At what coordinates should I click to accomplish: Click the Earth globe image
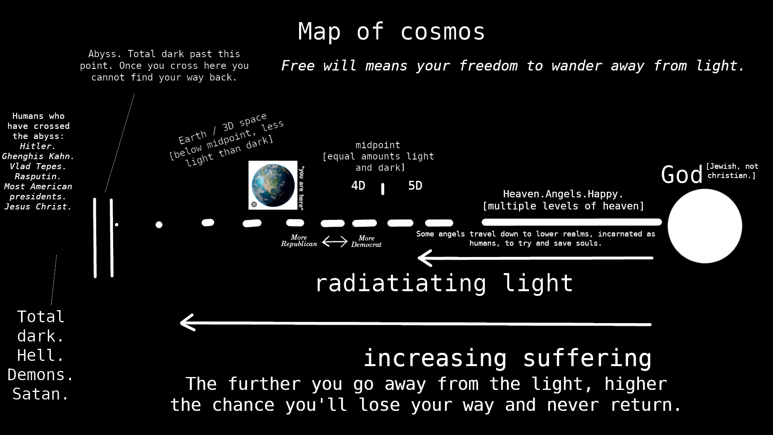pos(273,185)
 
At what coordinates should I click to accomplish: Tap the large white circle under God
pos(705,226)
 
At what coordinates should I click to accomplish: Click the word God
pos(682,175)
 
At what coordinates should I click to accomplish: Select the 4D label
pos(358,186)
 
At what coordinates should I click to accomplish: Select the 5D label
pos(415,186)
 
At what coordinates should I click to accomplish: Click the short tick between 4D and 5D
pos(382,189)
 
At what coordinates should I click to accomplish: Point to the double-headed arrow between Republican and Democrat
pos(335,241)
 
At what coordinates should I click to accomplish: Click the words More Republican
pos(299,240)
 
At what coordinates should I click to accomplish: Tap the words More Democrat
pos(366,241)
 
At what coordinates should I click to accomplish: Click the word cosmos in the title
pos(443,31)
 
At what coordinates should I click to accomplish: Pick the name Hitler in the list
pos(38,146)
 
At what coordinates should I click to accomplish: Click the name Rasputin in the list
pos(38,176)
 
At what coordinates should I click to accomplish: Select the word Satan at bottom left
pos(41,394)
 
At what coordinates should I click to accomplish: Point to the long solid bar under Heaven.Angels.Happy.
pos(572,222)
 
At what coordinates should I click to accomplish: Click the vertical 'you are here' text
pos(301,188)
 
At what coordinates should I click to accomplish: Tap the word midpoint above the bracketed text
pos(378,145)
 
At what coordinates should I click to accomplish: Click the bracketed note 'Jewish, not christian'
pos(732,171)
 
